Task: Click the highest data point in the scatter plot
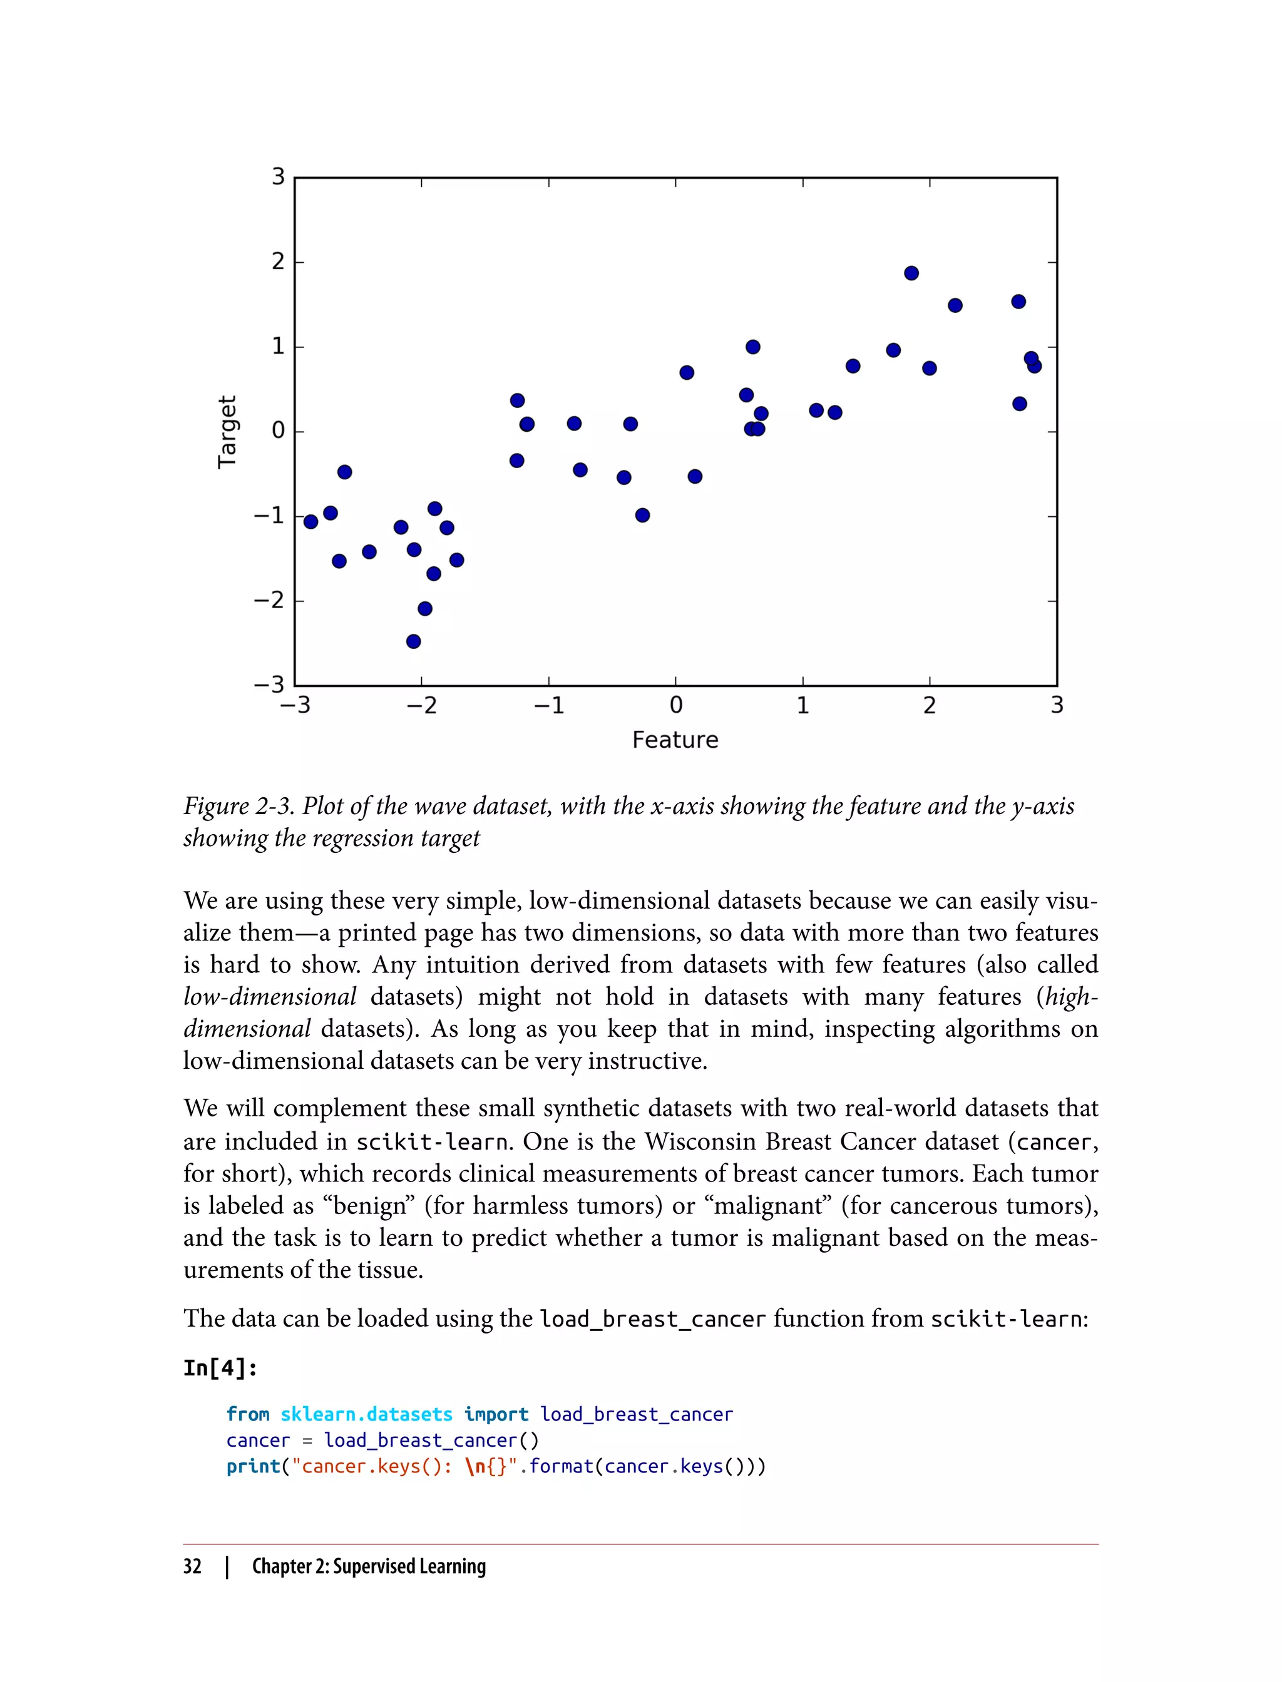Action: point(911,273)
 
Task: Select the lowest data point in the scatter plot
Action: point(414,641)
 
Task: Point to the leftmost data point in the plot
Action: point(310,522)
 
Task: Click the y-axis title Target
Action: point(227,432)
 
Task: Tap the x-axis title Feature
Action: point(675,740)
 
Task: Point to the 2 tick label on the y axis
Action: point(279,262)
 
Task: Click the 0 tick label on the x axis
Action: point(675,706)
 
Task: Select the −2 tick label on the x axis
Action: point(421,706)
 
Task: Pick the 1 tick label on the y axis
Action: point(279,346)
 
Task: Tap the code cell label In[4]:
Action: point(220,1368)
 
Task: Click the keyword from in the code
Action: point(247,1414)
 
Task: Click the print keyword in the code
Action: point(254,1466)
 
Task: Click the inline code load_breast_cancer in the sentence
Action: point(652,1319)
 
